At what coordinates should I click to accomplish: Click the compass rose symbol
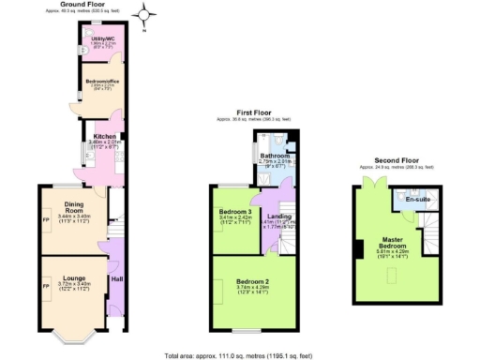pos(144,14)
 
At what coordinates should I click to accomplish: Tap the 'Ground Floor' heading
pos(81,4)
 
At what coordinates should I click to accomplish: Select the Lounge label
pos(74,278)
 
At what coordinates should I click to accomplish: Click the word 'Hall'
pos(117,278)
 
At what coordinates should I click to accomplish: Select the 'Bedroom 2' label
pos(253,282)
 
